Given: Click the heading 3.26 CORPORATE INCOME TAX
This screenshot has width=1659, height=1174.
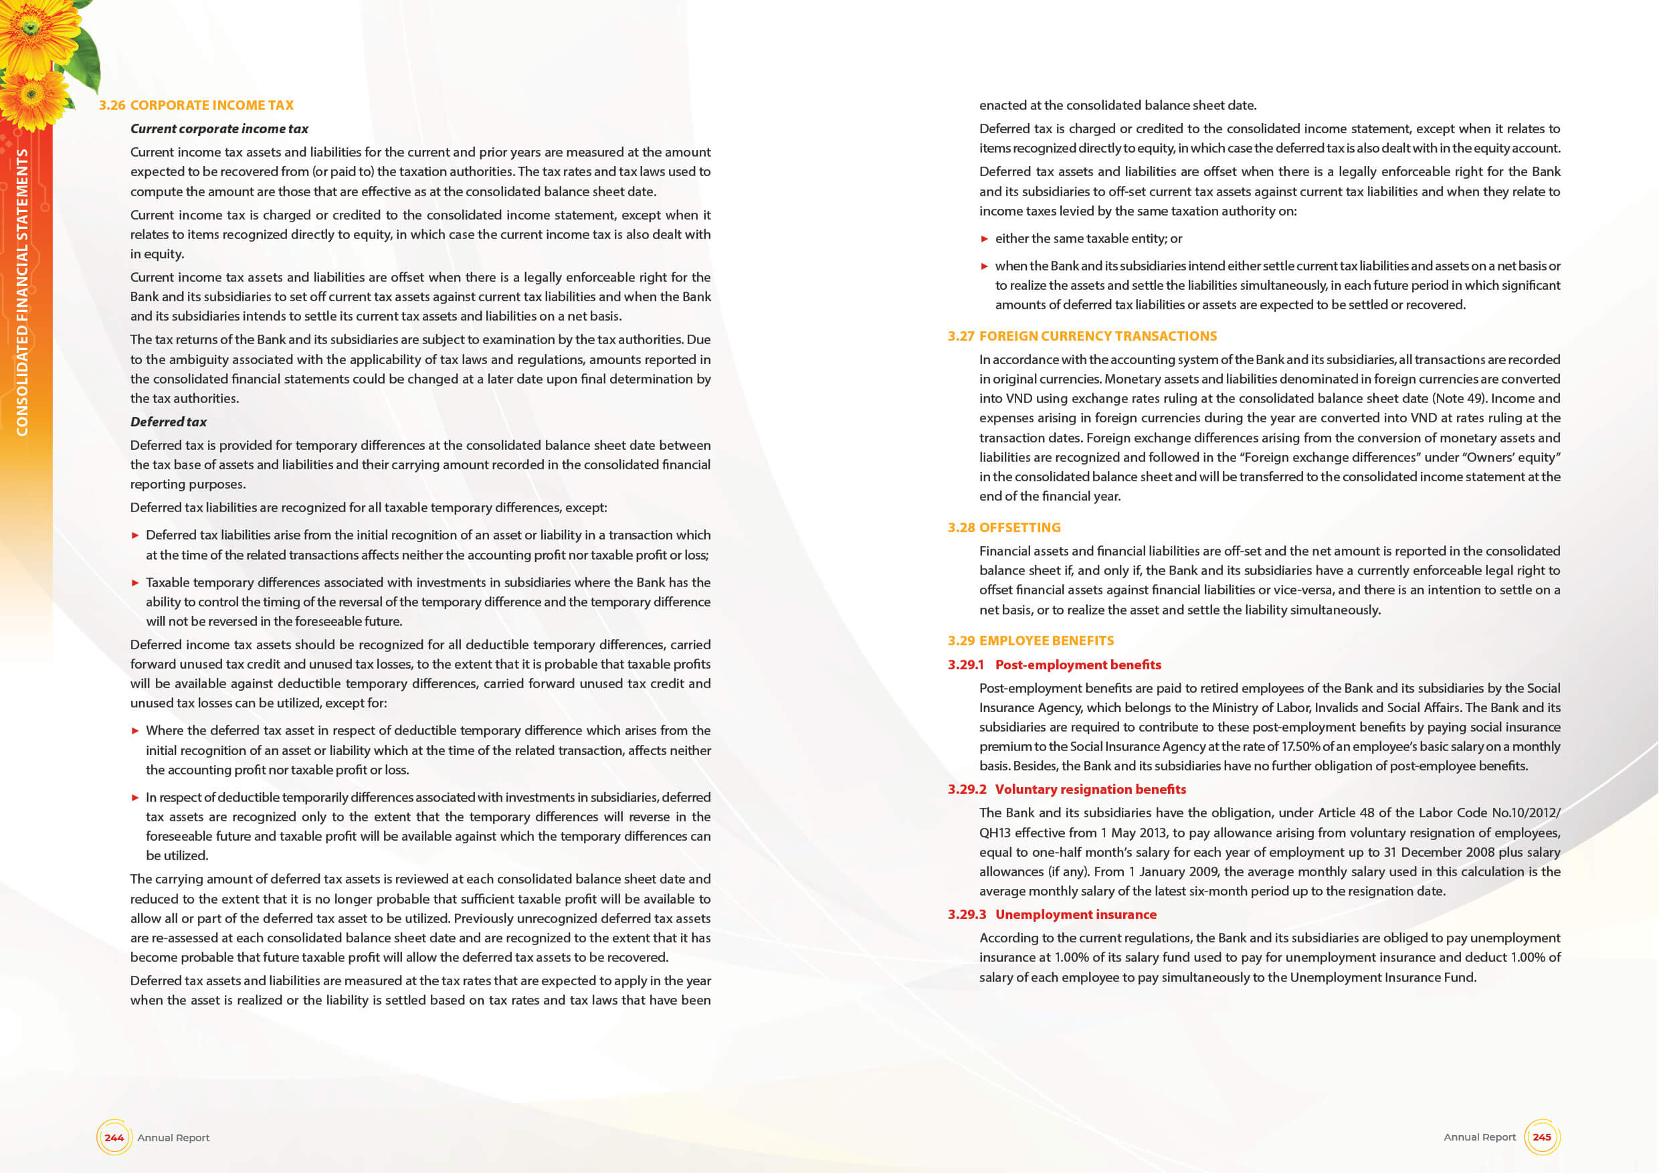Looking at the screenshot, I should pyautogui.click(x=196, y=106).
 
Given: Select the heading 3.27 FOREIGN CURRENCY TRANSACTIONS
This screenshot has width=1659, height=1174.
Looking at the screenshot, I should pyautogui.click(x=1082, y=336).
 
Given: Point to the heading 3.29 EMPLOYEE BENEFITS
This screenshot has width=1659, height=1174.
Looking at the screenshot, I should pyautogui.click(x=1030, y=641).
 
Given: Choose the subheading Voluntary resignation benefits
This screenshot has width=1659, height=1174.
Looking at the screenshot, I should pyautogui.click(x=1090, y=789).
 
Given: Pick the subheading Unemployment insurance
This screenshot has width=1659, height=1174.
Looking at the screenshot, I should pyautogui.click(x=1075, y=914).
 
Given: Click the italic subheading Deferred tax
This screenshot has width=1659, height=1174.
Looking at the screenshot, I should pyautogui.click(x=169, y=422).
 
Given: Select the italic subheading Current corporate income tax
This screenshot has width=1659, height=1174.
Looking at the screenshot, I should pyautogui.click(x=219, y=129).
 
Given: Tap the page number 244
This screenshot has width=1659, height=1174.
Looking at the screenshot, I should pyautogui.click(x=114, y=1138).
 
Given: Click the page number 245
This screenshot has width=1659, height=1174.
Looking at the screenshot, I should pyautogui.click(x=1541, y=1137).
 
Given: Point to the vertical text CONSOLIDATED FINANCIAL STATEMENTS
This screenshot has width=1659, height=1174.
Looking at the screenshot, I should pyautogui.click(x=22, y=292).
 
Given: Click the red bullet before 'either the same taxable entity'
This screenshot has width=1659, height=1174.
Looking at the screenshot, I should pyautogui.click(x=984, y=239).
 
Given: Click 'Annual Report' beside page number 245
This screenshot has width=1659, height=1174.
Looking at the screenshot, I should pyautogui.click(x=1479, y=1137).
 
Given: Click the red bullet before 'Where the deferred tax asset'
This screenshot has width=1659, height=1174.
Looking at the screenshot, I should pyautogui.click(x=135, y=731).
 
